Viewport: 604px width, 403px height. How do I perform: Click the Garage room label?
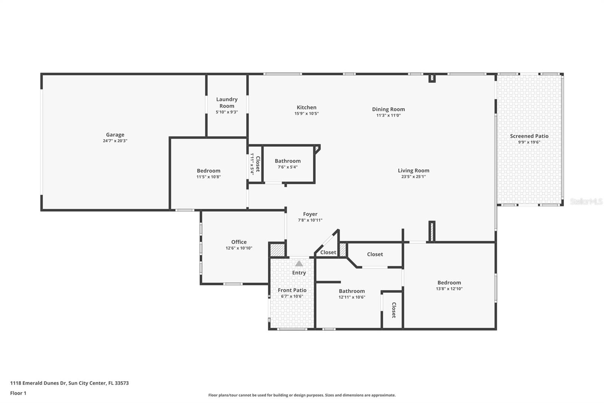click(115, 135)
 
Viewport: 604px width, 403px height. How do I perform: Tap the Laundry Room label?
click(226, 102)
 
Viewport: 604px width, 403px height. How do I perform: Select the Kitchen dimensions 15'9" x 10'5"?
click(307, 113)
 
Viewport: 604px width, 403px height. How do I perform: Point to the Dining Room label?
click(388, 109)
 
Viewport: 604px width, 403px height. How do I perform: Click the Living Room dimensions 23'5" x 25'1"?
click(413, 177)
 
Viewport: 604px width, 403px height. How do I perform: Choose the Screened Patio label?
click(529, 136)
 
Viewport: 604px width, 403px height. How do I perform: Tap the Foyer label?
click(310, 214)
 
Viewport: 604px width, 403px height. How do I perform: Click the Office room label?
click(239, 242)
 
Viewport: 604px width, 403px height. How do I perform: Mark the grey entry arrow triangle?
click(299, 263)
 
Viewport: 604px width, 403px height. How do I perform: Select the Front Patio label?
click(292, 290)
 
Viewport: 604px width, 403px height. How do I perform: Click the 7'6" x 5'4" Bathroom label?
click(288, 161)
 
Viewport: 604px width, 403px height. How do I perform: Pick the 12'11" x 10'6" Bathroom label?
click(351, 291)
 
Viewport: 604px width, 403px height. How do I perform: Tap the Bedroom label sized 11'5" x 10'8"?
click(208, 171)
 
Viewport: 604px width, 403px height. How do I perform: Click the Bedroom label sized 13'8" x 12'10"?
click(449, 283)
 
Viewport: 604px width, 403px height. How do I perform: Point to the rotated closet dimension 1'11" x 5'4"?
click(252, 164)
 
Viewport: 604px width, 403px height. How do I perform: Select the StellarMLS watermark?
click(586, 201)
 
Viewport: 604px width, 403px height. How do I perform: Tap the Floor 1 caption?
click(18, 393)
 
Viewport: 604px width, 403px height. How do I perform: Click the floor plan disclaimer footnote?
click(302, 395)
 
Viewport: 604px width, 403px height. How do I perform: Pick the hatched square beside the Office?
click(277, 250)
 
